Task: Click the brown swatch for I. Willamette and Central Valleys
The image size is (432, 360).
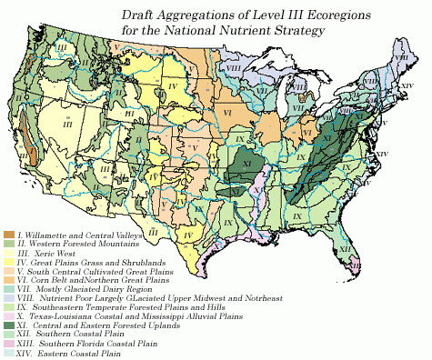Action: coord(8,235)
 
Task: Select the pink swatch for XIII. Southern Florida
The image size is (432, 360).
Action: coord(8,341)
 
